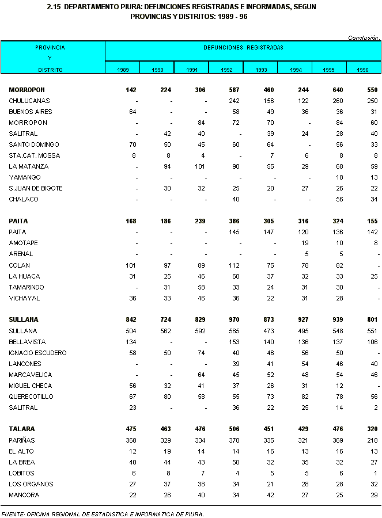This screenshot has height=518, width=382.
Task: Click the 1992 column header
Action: pos(226,70)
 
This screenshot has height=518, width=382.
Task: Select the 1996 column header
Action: pos(362,70)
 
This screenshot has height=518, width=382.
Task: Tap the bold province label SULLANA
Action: pos(23,319)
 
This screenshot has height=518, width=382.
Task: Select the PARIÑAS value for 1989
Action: pos(130,440)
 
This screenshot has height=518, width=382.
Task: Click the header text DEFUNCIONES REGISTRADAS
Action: pos(243,48)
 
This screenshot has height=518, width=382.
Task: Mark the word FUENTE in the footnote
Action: pos(12,513)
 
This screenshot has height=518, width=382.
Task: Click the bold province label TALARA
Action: pos(22,429)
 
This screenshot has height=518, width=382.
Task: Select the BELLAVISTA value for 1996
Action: pos(372,342)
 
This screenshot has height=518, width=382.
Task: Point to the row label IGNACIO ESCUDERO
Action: pos(37,353)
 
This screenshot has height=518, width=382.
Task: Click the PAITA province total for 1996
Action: pos(372,221)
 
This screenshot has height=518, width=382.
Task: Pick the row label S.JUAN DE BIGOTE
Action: pos(36,188)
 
